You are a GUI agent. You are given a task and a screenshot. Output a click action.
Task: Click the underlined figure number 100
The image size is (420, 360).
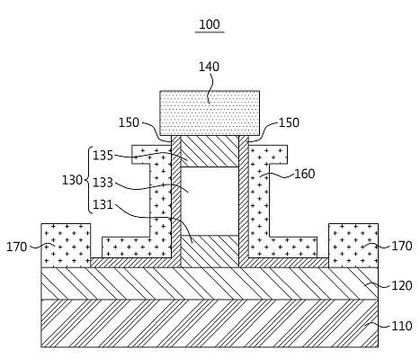tap(210, 24)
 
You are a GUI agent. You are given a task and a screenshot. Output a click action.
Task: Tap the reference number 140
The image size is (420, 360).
tap(209, 67)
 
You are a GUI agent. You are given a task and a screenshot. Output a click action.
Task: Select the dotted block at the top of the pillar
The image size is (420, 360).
tap(210, 113)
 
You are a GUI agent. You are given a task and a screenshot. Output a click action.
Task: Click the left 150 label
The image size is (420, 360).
tap(129, 122)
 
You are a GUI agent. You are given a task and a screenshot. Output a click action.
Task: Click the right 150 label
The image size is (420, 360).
tap(289, 122)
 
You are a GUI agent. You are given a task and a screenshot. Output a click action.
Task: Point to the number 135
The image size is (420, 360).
tap(103, 156)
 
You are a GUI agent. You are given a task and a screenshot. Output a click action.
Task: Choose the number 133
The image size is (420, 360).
tap(103, 183)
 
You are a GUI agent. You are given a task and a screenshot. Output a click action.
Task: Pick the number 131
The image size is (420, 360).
tap(103, 204)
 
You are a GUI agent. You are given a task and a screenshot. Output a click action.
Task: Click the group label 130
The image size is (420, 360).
tap(72, 180)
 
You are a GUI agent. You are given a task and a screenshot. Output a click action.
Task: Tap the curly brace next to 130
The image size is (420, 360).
tap(89, 180)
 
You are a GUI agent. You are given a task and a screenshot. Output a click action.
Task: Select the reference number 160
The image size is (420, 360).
tap(305, 174)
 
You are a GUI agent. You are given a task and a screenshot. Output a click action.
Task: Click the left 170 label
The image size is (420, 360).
tap(17, 247)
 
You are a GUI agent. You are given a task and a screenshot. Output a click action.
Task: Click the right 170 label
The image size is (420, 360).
tap(402, 246)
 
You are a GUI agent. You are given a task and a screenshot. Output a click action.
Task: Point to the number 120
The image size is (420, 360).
tap(402, 285)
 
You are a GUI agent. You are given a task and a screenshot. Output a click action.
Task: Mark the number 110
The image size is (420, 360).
tap(402, 326)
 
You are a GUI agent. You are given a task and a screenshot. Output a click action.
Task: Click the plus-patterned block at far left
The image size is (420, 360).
tap(66, 246)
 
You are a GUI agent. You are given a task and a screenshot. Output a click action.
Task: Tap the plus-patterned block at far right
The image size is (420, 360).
tap(353, 246)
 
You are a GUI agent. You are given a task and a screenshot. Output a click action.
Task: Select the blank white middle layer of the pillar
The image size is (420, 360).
tap(210, 201)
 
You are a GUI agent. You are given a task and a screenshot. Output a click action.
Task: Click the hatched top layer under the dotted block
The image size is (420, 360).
tap(210, 151)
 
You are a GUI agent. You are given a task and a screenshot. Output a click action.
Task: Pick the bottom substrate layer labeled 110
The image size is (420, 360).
tap(210, 323)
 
